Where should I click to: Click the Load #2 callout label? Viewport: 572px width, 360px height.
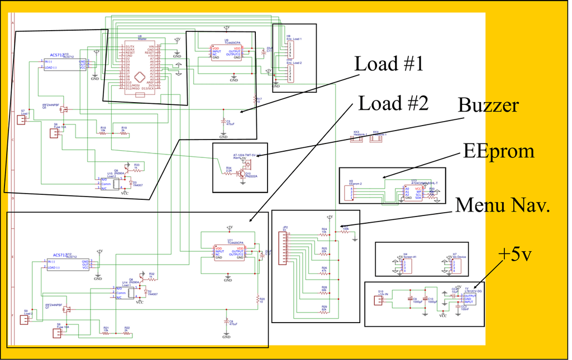pyautogui.click(x=393, y=103)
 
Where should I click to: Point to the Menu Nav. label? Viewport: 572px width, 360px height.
pyautogui.click(x=502, y=205)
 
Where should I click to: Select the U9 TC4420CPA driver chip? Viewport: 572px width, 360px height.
pyautogui.click(x=226, y=52)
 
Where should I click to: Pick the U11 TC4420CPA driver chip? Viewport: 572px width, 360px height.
pyautogui.click(x=229, y=252)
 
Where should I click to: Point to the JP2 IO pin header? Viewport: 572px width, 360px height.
pyautogui.click(x=285, y=246)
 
